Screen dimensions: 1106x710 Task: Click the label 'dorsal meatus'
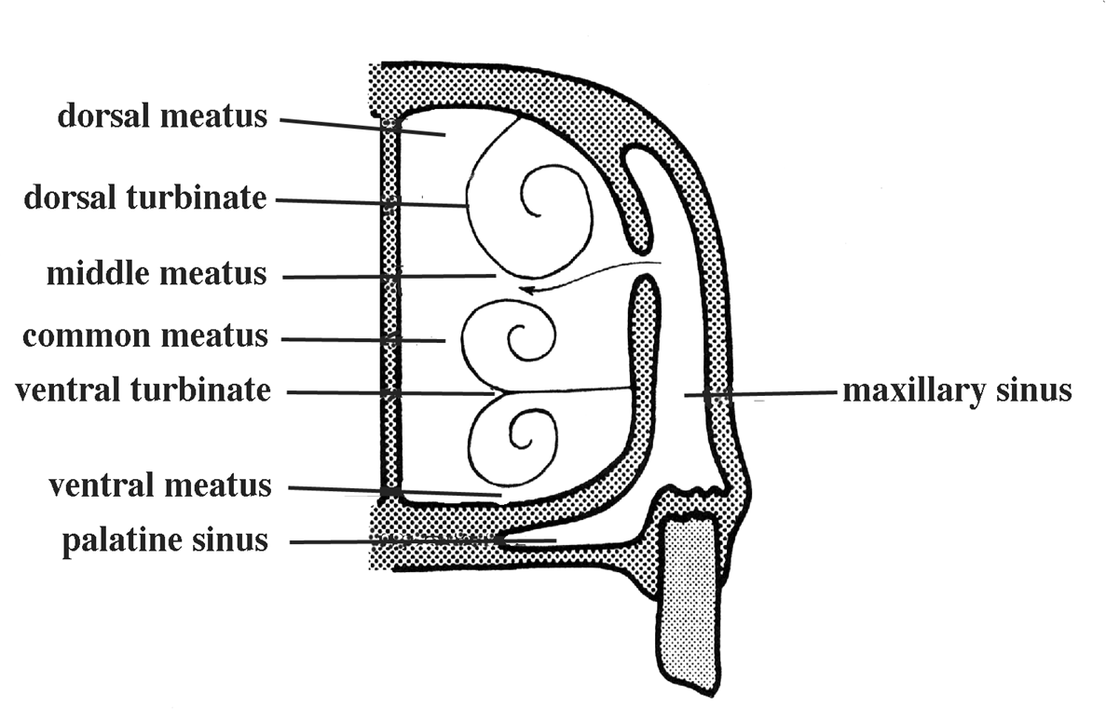162,116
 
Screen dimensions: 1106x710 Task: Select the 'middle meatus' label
157,275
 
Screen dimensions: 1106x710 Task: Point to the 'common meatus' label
144,335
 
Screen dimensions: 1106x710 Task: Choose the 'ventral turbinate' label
143,390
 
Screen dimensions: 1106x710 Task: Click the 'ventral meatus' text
159,485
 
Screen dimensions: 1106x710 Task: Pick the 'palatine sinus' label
165,540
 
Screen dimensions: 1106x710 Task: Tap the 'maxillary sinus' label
957,390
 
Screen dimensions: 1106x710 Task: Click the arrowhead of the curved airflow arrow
525,290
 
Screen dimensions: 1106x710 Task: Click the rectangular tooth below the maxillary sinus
688,606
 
